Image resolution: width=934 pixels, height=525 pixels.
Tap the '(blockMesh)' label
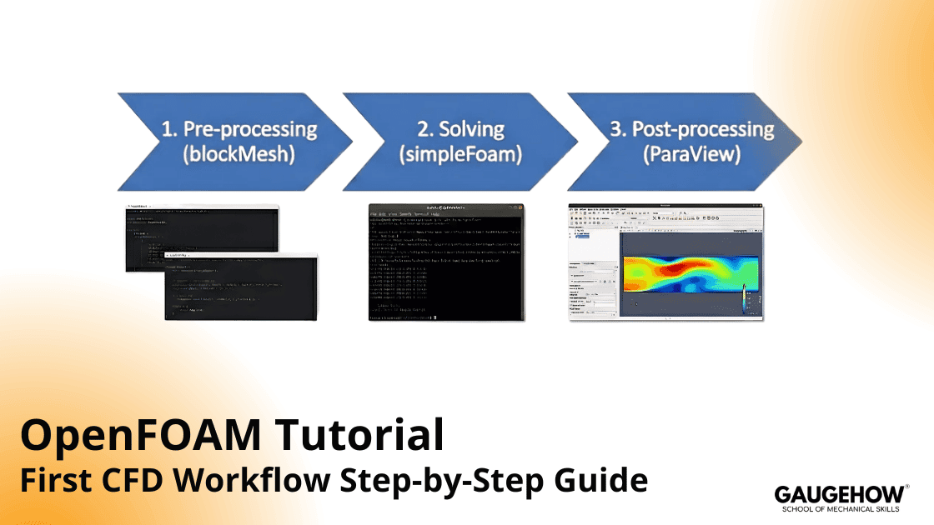[240, 156]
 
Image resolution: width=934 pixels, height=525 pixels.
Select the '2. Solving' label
[460, 130]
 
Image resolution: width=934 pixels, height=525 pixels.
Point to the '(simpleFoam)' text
[460, 156]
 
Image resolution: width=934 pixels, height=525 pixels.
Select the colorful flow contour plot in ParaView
[690, 275]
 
